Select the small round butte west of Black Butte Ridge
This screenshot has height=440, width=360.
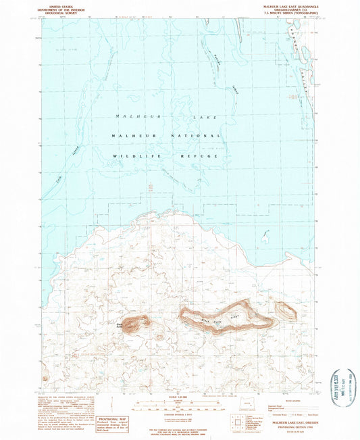(x=138, y=322)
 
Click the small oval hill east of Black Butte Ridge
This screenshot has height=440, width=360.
(x=286, y=310)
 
